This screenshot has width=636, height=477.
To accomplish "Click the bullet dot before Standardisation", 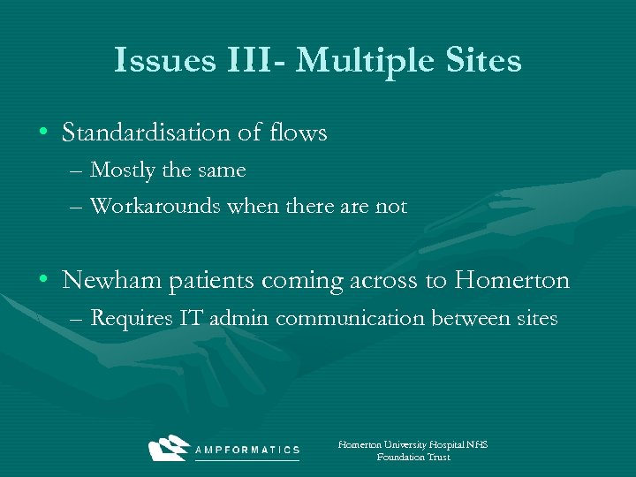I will click(x=43, y=133).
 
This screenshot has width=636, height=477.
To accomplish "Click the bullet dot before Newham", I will click(x=43, y=282).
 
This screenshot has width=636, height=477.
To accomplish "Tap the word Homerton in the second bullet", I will click(x=512, y=281).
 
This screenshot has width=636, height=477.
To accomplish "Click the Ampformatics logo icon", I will click(x=169, y=449).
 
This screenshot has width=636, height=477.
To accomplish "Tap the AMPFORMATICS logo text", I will click(x=246, y=450).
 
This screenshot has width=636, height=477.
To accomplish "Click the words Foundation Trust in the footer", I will click(x=413, y=458).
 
